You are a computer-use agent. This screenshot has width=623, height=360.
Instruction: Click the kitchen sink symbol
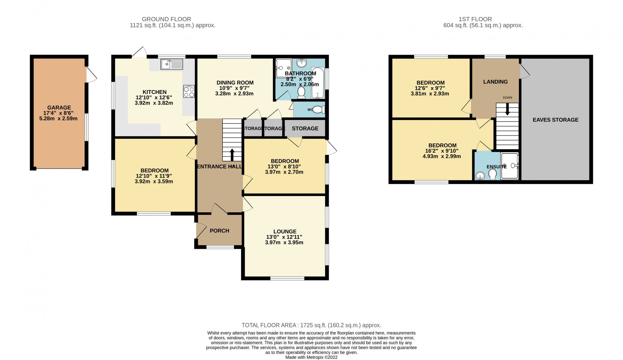click(172, 65)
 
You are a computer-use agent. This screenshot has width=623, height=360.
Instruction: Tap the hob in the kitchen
click(189, 92)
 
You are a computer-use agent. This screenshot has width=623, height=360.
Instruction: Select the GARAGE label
click(59, 108)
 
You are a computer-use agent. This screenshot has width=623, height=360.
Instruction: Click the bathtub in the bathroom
click(318, 83)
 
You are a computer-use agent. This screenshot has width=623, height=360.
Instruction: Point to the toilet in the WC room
click(319, 110)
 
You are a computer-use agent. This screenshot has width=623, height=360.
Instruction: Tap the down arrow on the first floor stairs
click(507, 110)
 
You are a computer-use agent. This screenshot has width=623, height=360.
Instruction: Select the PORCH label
click(219, 231)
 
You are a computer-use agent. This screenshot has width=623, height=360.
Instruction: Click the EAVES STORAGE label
click(555, 120)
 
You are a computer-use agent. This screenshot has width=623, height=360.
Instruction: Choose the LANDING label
click(495, 82)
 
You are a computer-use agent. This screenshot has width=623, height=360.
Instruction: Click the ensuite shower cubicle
click(510, 166)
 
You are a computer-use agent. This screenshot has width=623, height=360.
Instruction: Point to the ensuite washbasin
click(480, 177)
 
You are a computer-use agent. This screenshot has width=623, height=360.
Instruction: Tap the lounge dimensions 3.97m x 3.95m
click(284, 242)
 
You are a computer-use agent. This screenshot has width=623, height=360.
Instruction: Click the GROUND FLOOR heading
click(166, 19)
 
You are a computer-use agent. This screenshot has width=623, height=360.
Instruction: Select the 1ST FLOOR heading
click(475, 19)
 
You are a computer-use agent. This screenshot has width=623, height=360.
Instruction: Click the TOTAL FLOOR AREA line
click(311, 325)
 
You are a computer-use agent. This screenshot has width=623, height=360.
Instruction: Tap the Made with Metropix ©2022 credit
click(311, 357)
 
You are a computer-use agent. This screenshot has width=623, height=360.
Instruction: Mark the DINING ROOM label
click(235, 83)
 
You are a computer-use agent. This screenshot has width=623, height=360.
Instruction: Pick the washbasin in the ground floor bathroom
click(302, 63)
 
